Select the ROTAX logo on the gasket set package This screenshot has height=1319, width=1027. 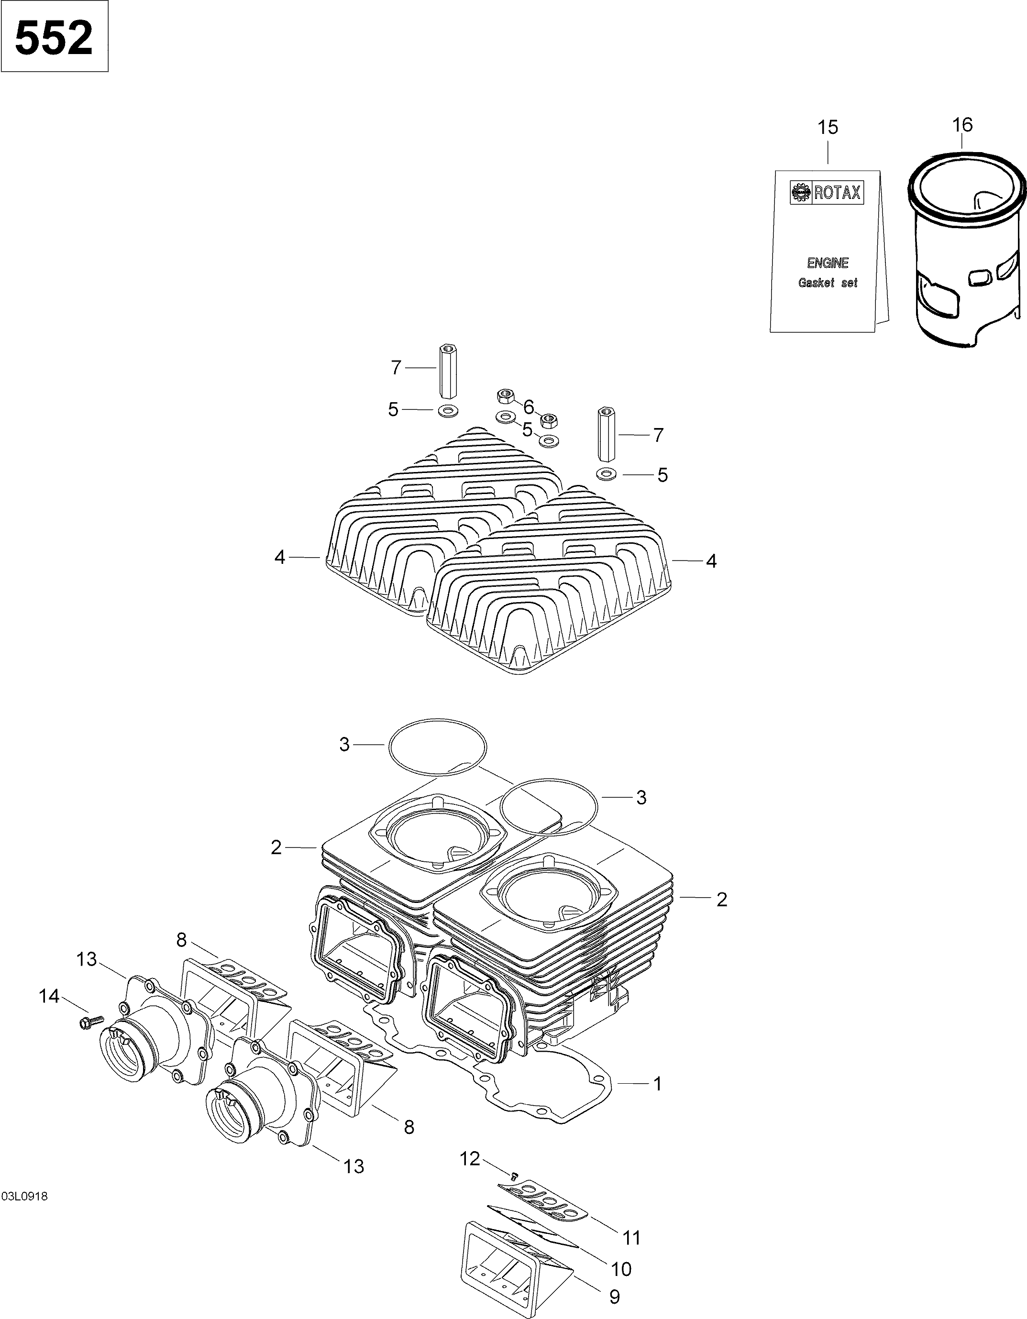[x=827, y=193]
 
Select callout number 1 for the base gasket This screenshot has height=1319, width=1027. [x=657, y=1084]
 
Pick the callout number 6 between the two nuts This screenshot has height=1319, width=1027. [x=529, y=407]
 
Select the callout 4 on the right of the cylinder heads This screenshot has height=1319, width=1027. [x=711, y=561]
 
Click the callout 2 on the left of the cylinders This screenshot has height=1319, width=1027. [x=276, y=848]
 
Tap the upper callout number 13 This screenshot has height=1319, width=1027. [x=87, y=959]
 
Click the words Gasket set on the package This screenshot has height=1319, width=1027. [x=828, y=283]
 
